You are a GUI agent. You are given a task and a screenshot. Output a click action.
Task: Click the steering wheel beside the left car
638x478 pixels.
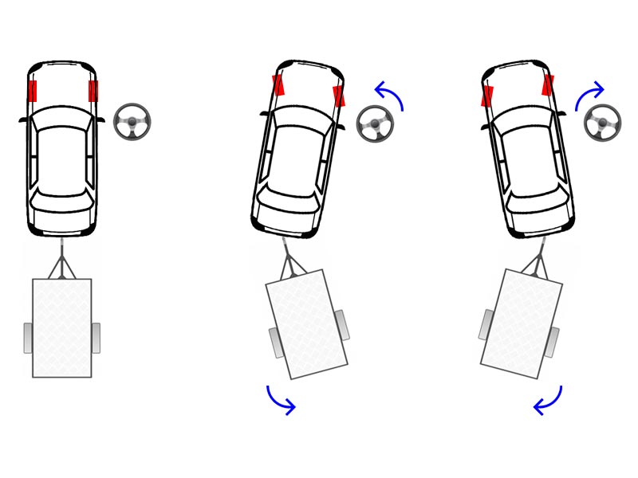pyautogui.click(x=132, y=123)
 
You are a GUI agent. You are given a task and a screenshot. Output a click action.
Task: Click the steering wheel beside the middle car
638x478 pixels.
pyautogui.click(x=373, y=124)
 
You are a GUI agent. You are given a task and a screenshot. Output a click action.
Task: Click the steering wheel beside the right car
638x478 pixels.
pyautogui.click(x=602, y=123)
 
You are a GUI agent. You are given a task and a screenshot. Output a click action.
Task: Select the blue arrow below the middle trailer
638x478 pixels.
pyautogui.click(x=281, y=401)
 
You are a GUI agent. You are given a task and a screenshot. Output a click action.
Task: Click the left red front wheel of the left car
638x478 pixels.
pyautogui.click(x=32, y=91)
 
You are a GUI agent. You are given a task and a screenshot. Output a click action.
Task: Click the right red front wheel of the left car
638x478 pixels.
pyautogui.click(x=93, y=91)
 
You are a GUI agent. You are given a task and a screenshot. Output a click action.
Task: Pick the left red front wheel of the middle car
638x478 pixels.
pyautogui.click(x=278, y=85)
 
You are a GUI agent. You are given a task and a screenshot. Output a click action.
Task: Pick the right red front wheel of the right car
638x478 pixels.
pyautogui.click(x=549, y=85)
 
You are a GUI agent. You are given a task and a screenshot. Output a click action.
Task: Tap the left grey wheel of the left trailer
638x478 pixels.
pyautogui.click(x=28, y=338)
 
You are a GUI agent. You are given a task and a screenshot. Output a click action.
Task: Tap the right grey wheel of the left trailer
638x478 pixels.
pyautogui.click(x=96, y=338)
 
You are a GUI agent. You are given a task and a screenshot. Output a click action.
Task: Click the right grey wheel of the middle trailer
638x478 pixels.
pyautogui.click(x=342, y=324)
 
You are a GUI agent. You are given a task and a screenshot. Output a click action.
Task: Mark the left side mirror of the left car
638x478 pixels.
pyautogui.click(x=23, y=120)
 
